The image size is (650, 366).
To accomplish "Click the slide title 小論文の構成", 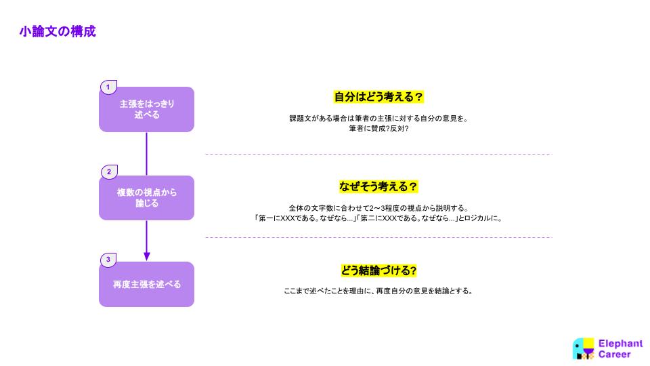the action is [58, 32].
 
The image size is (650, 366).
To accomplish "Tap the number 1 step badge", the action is [108, 87].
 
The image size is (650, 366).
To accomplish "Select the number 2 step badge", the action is [110, 171].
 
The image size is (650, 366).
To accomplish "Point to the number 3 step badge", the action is [108, 260].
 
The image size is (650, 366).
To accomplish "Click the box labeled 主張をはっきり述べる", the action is [146, 109].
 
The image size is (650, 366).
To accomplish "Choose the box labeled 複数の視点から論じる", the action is [146, 198].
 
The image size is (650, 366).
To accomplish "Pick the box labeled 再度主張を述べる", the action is [146, 284].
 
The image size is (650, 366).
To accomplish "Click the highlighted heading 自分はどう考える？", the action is [378, 97].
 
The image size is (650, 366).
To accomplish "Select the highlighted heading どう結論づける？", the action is [378, 270].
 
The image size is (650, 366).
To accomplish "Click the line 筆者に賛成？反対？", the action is [379, 129].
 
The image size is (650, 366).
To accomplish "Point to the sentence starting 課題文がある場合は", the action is [379, 119].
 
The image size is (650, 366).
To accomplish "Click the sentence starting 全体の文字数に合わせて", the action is [379, 208].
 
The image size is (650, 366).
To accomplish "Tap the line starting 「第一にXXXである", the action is [378, 218].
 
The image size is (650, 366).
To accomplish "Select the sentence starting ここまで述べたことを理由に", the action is [378, 291].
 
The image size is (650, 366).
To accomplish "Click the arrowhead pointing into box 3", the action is [147, 257].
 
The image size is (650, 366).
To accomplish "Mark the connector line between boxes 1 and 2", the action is [147, 154].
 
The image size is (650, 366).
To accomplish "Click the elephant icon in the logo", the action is [583, 348].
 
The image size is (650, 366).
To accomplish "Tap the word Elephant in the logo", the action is [620, 344].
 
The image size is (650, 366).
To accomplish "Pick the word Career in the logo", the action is [614, 354].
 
